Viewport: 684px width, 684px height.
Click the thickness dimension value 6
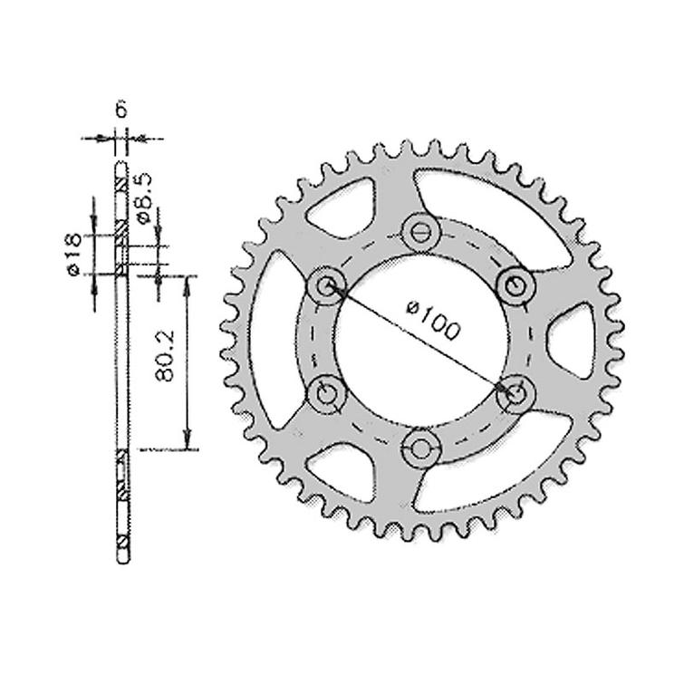121,111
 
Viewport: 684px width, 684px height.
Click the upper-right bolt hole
514,284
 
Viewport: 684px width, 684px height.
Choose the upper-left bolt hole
326,286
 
